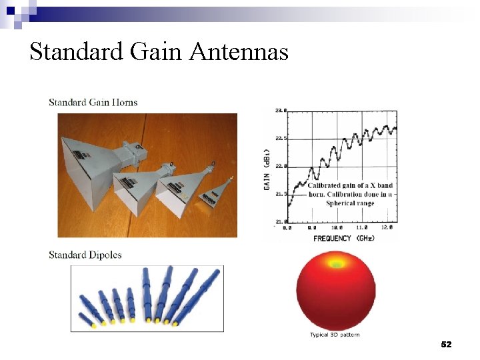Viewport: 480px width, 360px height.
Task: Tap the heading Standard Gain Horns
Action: pos(93,102)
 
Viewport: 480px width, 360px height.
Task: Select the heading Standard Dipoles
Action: pos(85,255)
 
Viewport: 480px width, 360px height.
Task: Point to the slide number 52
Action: pos(446,345)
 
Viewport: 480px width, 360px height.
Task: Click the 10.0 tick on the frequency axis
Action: pos(339,227)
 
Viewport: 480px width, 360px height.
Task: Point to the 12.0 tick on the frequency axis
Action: pos(389,227)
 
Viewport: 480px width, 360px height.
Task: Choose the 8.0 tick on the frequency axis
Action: pos(287,227)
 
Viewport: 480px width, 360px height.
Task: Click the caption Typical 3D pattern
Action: pos(335,335)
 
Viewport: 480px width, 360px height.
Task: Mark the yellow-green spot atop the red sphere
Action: pos(337,265)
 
